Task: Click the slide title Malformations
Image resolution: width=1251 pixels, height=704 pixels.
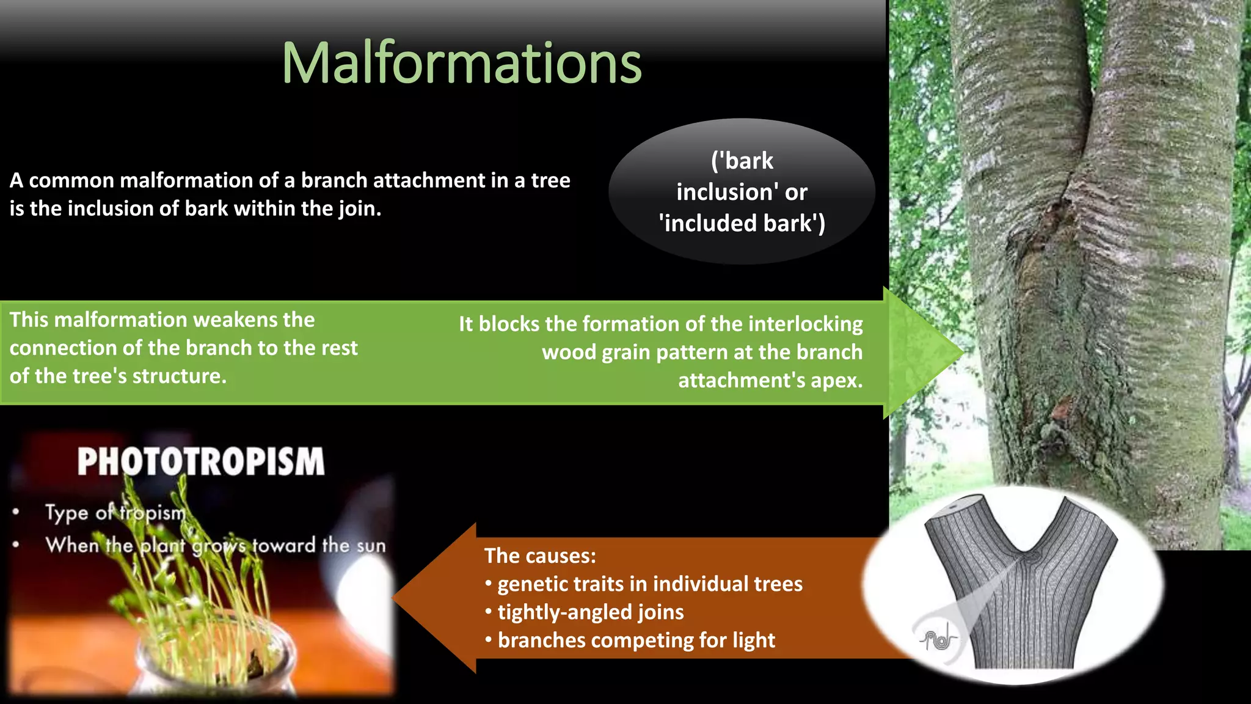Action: click(x=461, y=63)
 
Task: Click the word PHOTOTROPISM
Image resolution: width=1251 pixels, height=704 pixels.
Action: click(x=201, y=461)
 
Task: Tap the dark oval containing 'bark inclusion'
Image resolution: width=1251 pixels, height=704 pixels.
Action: click(x=742, y=191)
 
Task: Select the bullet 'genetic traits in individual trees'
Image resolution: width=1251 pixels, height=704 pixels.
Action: click(x=650, y=584)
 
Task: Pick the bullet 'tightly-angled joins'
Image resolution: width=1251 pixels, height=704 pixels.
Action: click(x=590, y=612)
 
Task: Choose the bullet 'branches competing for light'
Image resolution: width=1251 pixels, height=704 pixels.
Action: click(x=636, y=640)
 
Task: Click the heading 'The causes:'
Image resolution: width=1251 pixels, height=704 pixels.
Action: click(x=540, y=556)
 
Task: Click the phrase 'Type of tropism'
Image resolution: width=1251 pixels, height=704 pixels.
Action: click(x=115, y=512)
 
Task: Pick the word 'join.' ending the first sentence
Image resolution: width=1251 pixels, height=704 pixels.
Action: click(x=361, y=209)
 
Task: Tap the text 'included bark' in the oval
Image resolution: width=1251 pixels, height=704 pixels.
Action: click(x=742, y=224)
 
